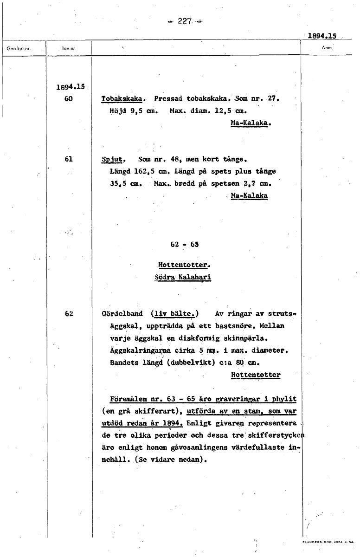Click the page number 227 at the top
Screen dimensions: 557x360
[185, 21]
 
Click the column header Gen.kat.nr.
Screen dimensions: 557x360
[19, 48]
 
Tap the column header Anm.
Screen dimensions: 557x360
[327, 47]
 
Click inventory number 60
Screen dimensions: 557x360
[69, 99]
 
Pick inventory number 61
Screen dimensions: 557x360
[69, 159]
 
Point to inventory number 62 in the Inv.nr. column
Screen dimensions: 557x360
[69, 313]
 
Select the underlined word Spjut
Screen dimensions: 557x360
[111, 160]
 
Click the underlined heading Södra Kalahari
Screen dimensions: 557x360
[183, 278]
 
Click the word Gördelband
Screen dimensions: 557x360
[122, 313]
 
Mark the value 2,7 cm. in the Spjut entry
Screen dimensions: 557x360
[257, 183]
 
